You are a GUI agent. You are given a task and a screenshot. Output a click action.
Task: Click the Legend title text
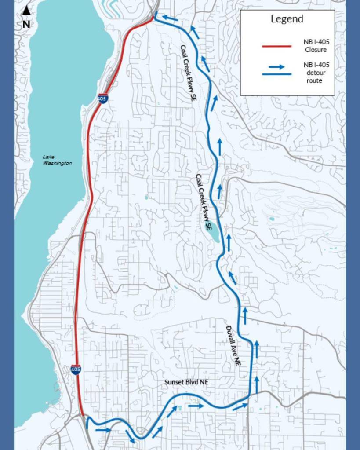point(287,19)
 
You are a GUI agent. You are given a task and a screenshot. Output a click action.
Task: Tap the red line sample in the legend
point(277,46)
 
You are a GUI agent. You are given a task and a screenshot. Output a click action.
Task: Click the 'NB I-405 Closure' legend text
point(316,46)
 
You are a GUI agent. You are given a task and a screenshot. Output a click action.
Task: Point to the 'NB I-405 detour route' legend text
point(316,73)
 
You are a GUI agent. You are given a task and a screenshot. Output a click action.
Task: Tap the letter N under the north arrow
point(26,24)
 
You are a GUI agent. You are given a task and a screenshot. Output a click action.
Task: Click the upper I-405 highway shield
point(102,99)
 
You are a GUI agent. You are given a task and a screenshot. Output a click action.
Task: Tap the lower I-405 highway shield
point(76,369)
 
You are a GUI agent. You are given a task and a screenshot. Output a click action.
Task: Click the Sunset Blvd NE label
point(186,382)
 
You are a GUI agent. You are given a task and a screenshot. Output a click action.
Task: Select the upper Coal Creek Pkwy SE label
point(186,73)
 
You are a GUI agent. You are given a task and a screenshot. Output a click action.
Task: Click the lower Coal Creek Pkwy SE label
point(204,203)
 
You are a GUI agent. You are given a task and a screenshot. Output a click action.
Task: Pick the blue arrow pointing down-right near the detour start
point(130,436)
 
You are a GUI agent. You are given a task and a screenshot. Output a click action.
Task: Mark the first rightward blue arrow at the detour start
point(103,430)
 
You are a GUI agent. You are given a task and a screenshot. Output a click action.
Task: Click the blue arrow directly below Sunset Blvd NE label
point(196,406)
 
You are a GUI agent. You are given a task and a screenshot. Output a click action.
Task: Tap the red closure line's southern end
point(83,414)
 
